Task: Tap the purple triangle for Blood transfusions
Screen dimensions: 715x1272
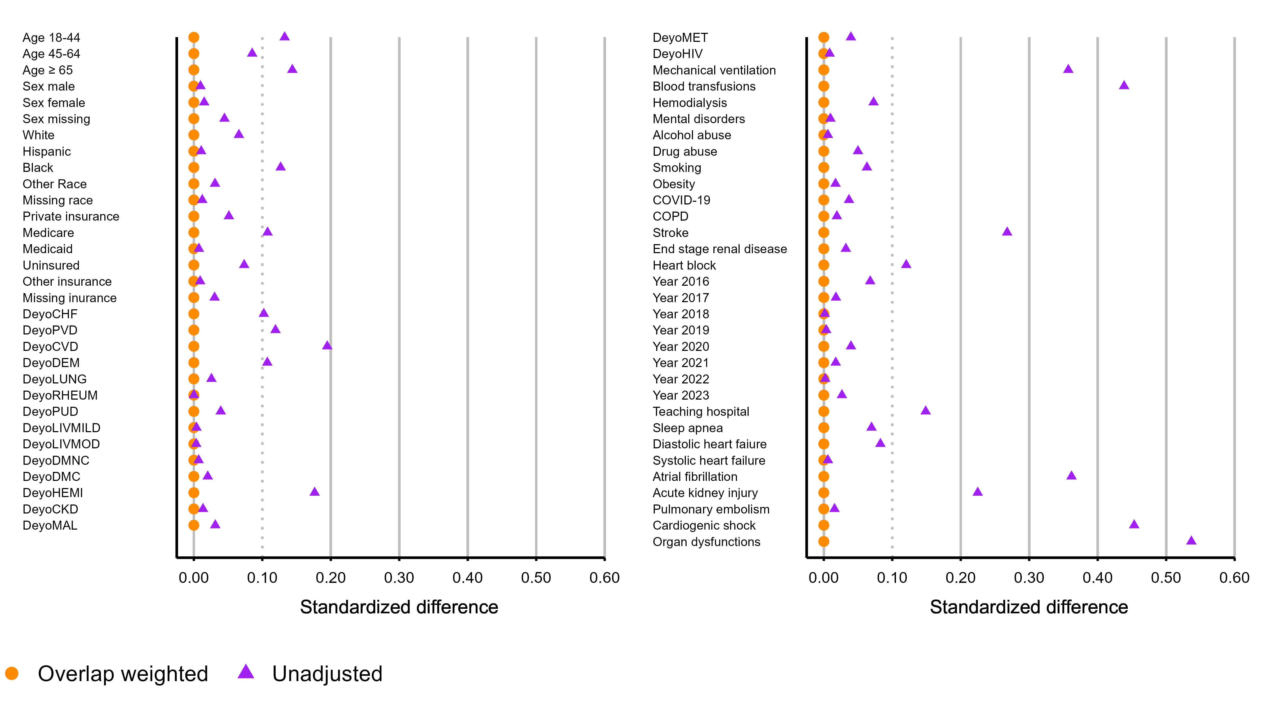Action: point(1124,85)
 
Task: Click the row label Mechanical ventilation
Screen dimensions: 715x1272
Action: point(714,70)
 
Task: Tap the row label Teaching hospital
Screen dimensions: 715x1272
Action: point(701,412)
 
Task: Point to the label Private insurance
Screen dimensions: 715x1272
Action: point(71,217)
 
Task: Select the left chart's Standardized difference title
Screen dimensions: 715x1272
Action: point(399,607)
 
